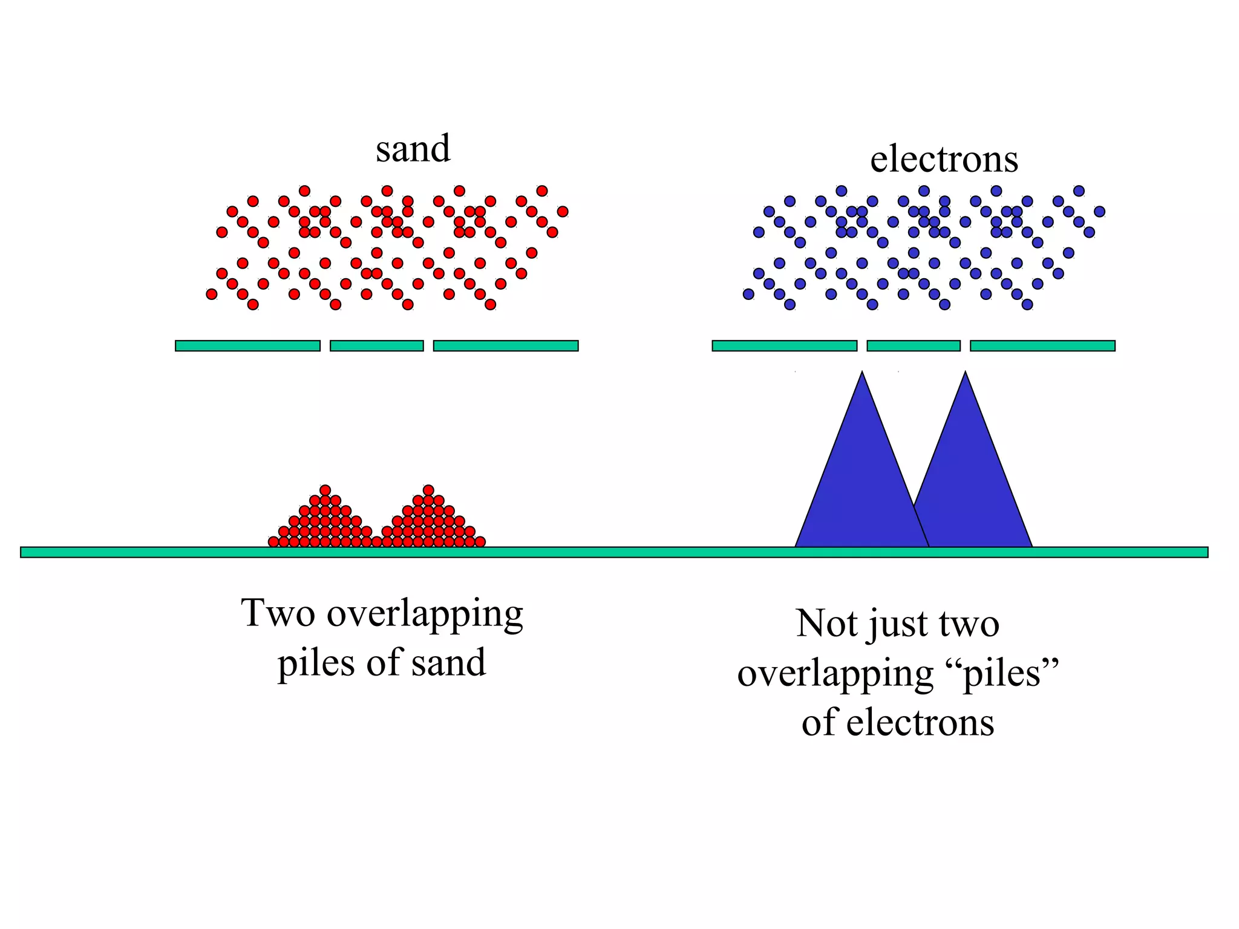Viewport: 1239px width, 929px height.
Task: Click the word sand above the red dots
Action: pos(413,149)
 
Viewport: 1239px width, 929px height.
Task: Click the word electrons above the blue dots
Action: pos(944,160)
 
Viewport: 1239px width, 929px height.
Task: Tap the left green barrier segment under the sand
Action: pos(247,346)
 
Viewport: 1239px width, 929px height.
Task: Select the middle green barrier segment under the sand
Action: pos(376,346)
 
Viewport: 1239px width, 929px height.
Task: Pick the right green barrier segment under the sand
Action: pos(506,346)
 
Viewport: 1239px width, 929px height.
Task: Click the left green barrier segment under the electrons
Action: pos(784,346)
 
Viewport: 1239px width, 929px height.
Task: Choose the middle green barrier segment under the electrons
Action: pos(914,346)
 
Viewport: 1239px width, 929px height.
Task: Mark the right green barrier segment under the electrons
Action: pos(1042,346)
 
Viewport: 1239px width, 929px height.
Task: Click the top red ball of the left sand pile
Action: pos(325,490)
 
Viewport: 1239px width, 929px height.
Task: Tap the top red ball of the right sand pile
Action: pos(428,490)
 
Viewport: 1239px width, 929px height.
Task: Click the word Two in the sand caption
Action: pos(278,613)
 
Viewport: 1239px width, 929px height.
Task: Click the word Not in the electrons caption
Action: pos(826,624)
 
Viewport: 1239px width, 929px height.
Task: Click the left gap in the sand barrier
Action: pos(325,346)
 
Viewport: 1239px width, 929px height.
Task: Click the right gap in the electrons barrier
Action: pos(965,346)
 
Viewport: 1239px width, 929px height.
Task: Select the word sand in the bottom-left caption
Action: pos(448,663)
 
